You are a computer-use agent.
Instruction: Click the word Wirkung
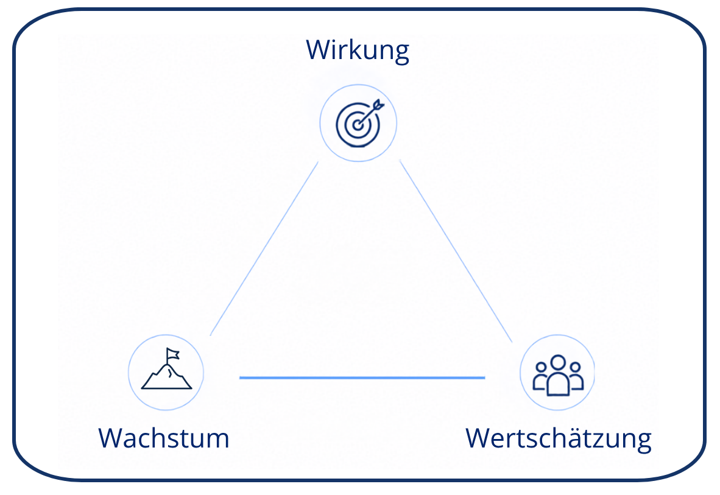pos(357,51)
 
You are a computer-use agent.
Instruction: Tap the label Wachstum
pos(163,438)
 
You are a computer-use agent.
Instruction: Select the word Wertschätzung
pos(559,439)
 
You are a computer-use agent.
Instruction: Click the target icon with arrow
pos(359,123)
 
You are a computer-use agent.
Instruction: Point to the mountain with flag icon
pos(166,369)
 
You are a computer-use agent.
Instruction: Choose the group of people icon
pos(558,375)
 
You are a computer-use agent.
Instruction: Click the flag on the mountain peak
pos(172,354)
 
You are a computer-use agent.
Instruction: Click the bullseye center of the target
pos(357,125)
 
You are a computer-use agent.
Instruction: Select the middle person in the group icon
pos(558,376)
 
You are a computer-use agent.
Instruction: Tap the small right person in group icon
pos(576,376)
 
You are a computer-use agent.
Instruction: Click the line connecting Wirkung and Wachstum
pos(264,248)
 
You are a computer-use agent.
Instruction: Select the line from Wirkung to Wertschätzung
pos(456,251)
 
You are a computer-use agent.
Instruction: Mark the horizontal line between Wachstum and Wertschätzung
pos(362,377)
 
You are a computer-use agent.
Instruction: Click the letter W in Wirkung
pos(317,49)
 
